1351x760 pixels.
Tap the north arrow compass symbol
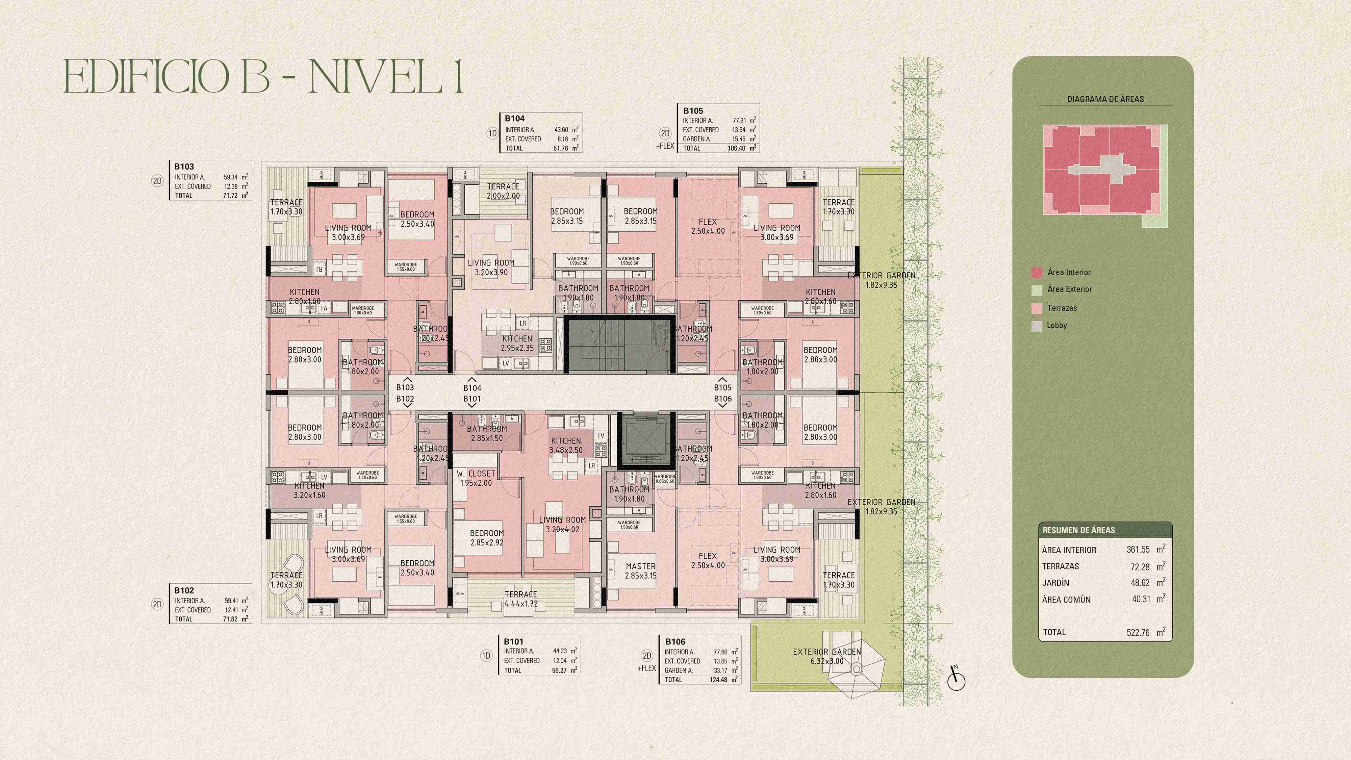[956, 680]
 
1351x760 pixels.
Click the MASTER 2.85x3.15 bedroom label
[640, 571]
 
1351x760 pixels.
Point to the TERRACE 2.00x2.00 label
[503, 191]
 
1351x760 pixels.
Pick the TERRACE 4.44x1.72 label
[521, 599]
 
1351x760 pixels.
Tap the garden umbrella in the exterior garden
[857, 669]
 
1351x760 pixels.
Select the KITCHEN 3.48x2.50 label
[566, 445]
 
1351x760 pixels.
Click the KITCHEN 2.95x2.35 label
[517, 343]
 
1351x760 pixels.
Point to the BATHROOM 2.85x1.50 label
[487, 433]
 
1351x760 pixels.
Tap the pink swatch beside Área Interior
[1036, 273]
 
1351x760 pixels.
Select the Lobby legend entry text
[1057, 325]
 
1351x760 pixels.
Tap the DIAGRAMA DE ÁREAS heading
[1105, 99]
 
